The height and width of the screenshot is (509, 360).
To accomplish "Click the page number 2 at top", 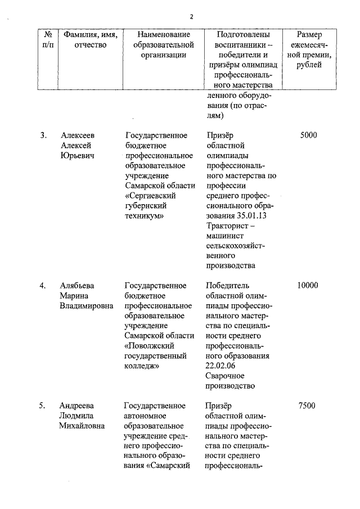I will click(192, 16).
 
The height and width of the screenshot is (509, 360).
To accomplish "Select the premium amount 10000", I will click(308, 285).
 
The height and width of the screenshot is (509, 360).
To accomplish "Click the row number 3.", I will click(43, 135).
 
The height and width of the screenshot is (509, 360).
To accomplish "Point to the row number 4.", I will click(43, 285).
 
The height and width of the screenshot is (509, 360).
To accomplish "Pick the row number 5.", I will click(43, 406).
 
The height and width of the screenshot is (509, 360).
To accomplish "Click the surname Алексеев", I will click(78, 135).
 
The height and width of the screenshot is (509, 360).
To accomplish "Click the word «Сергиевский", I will click(151, 195).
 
